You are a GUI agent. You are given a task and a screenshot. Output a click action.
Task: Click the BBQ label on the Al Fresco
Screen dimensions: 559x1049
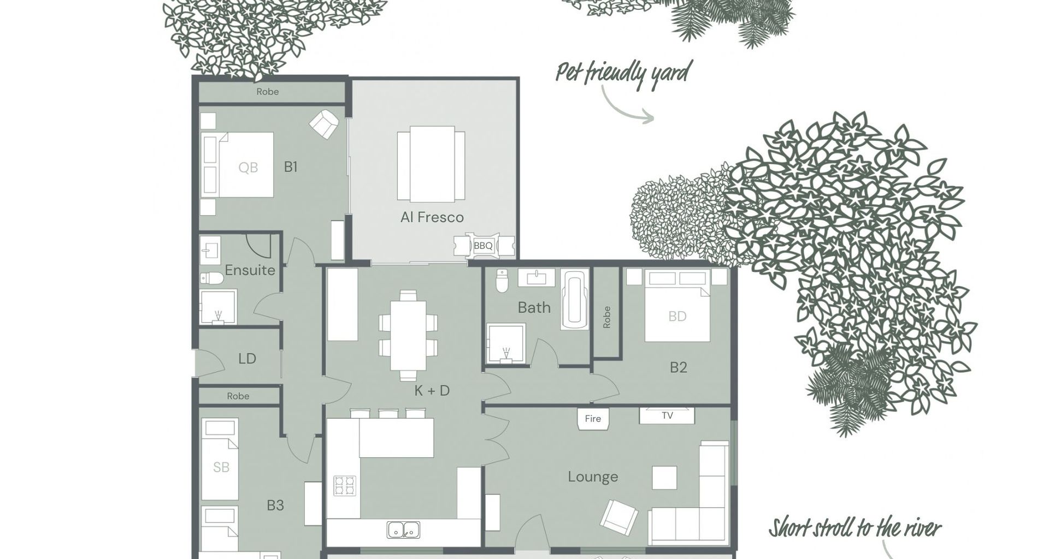[x=483, y=246]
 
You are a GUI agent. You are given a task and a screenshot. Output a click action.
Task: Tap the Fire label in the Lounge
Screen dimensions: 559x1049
[x=593, y=419]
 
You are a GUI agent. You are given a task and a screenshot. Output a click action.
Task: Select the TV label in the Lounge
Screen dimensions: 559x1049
[x=667, y=415]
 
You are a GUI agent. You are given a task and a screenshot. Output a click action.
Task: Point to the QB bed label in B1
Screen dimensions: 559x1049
[x=248, y=168]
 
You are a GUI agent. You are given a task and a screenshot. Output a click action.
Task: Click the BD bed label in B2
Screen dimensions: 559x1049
[x=677, y=316]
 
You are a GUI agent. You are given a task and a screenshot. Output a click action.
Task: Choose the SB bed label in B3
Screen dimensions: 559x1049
[x=221, y=467]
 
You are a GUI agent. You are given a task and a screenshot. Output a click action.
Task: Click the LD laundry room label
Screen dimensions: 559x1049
[x=247, y=359]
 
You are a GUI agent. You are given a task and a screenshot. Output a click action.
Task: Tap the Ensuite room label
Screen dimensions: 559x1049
[x=250, y=270]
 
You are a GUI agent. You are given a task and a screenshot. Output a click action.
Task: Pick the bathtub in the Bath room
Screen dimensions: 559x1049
[x=575, y=300]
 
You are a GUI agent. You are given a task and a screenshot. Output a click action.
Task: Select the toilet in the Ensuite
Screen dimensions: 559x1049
[x=212, y=278]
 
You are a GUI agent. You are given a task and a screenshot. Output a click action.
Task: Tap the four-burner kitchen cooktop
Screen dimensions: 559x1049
[x=344, y=486]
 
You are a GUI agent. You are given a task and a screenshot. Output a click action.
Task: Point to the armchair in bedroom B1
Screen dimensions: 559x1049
[x=324, y=124]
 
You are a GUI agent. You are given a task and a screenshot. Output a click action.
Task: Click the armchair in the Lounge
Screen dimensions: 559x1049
[x=619, y=516]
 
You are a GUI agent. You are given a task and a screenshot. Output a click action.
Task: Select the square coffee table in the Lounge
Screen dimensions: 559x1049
[x=664, y=478]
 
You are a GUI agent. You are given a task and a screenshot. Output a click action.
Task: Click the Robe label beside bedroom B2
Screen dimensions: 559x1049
[x=606, y=317]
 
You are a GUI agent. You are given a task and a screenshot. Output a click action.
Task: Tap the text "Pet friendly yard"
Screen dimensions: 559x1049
[x=623, y=74]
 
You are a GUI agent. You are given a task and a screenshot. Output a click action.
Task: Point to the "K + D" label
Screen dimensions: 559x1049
[x=432, y=390]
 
